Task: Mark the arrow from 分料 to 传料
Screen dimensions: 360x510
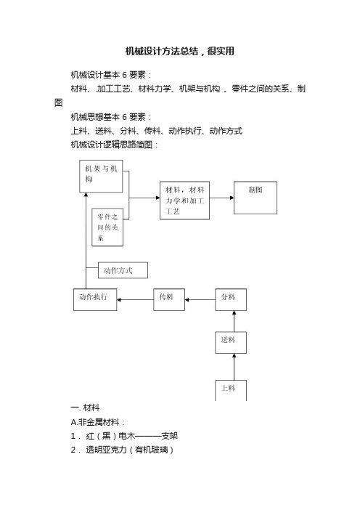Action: pos(200,299)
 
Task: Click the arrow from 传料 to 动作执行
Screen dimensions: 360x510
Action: pos(135,299)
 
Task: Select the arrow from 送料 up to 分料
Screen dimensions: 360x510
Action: pos(234,321)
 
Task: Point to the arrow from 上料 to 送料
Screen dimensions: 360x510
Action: pos(234,367)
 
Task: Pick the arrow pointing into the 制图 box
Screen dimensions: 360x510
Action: pos(221,198)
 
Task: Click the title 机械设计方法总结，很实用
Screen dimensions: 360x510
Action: pos(180,51)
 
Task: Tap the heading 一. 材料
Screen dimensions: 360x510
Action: pos(85,408)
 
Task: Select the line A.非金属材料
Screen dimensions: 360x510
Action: pos(97,422)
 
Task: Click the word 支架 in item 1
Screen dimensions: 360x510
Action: pos(170,436)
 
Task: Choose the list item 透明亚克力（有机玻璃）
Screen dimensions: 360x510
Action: pos(130,450)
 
